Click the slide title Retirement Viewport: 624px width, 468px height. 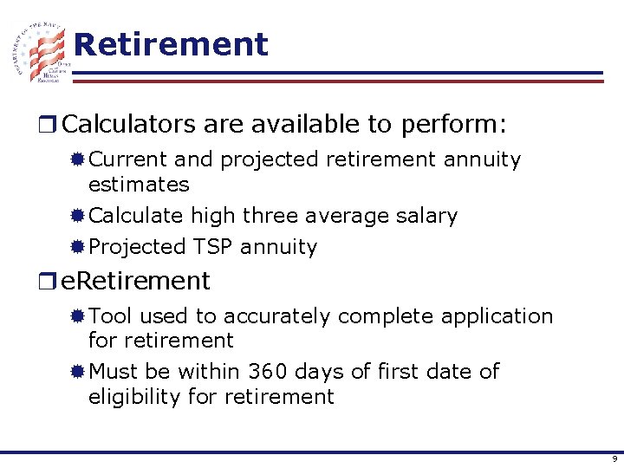(x=171, y=44)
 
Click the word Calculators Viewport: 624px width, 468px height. (x=130, y=125)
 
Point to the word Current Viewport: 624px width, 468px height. (x=128, y=160)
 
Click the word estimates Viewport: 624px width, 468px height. (x=139, y=185)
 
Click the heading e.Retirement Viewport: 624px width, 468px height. (x=136, y=281)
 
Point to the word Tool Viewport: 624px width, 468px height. (x=111, y=316)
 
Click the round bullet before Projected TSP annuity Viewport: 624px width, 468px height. (x=78, y=247)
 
